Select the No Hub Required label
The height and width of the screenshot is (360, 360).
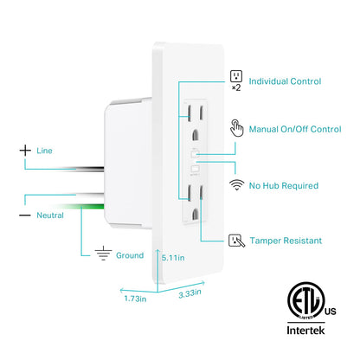(x=282, y=185)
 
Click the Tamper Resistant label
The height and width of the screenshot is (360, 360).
(x=286, y=240)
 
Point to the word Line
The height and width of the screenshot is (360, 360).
(x=44, y=151)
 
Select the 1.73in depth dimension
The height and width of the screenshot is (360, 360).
(x=135, y=298)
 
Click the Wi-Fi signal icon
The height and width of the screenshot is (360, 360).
(x=235, y=185)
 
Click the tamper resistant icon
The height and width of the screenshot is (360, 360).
(x=235, y=240)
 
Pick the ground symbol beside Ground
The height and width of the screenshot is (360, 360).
(x=102, y=254)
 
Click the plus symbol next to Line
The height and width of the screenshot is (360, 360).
(x=24, y=151)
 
